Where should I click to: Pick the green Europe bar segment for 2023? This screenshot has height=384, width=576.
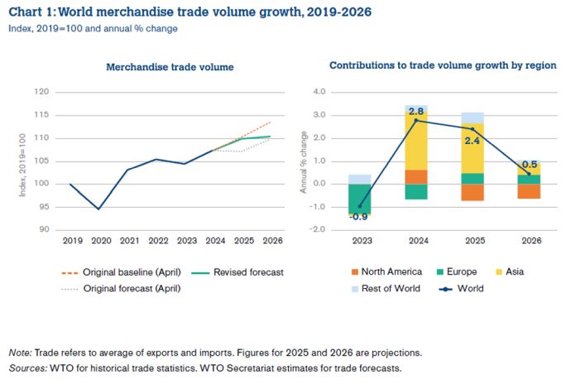click(x=358, y=199)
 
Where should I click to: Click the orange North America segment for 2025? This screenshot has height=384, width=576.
click(x=472, y=192)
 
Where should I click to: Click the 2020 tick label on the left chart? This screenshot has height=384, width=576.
click(x=99, y=242)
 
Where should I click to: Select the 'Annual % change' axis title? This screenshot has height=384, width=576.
click(x=304, y=161)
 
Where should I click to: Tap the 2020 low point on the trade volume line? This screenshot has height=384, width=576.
click(x=99, y=209)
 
